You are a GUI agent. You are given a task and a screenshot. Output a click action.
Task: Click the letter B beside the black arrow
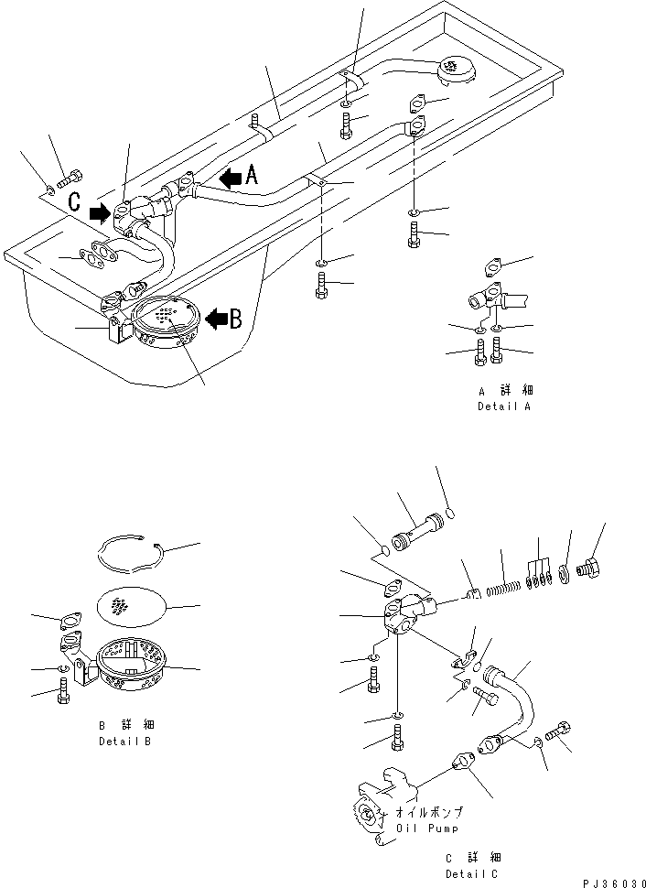click(235, 319)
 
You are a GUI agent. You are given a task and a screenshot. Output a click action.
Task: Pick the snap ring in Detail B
click(133, 554)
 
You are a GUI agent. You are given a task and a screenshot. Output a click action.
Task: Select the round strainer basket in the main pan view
click(165, 329)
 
